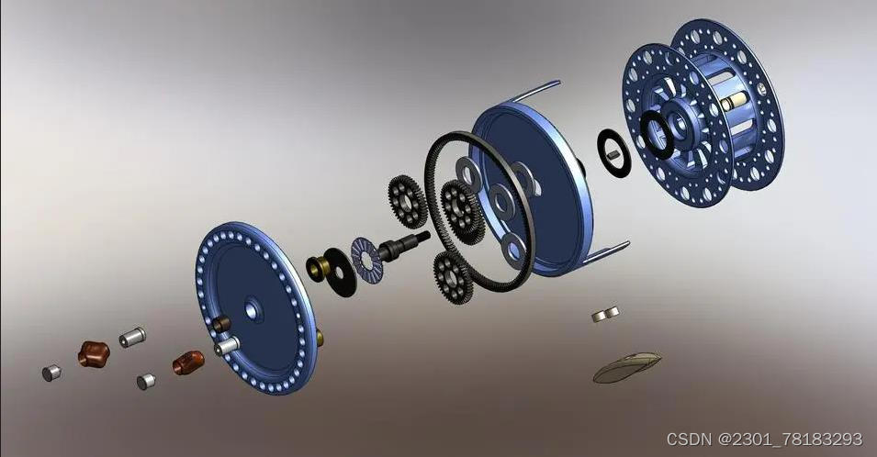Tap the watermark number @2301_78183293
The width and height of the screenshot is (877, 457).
[793, 440]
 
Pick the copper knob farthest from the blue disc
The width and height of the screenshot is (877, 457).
[92, 352]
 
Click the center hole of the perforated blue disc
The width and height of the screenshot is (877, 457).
[253, 312]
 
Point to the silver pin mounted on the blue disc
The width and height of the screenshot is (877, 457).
[226, 346]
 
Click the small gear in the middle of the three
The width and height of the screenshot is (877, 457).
[462, 211]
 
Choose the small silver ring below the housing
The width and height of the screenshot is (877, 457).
[605, 315]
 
